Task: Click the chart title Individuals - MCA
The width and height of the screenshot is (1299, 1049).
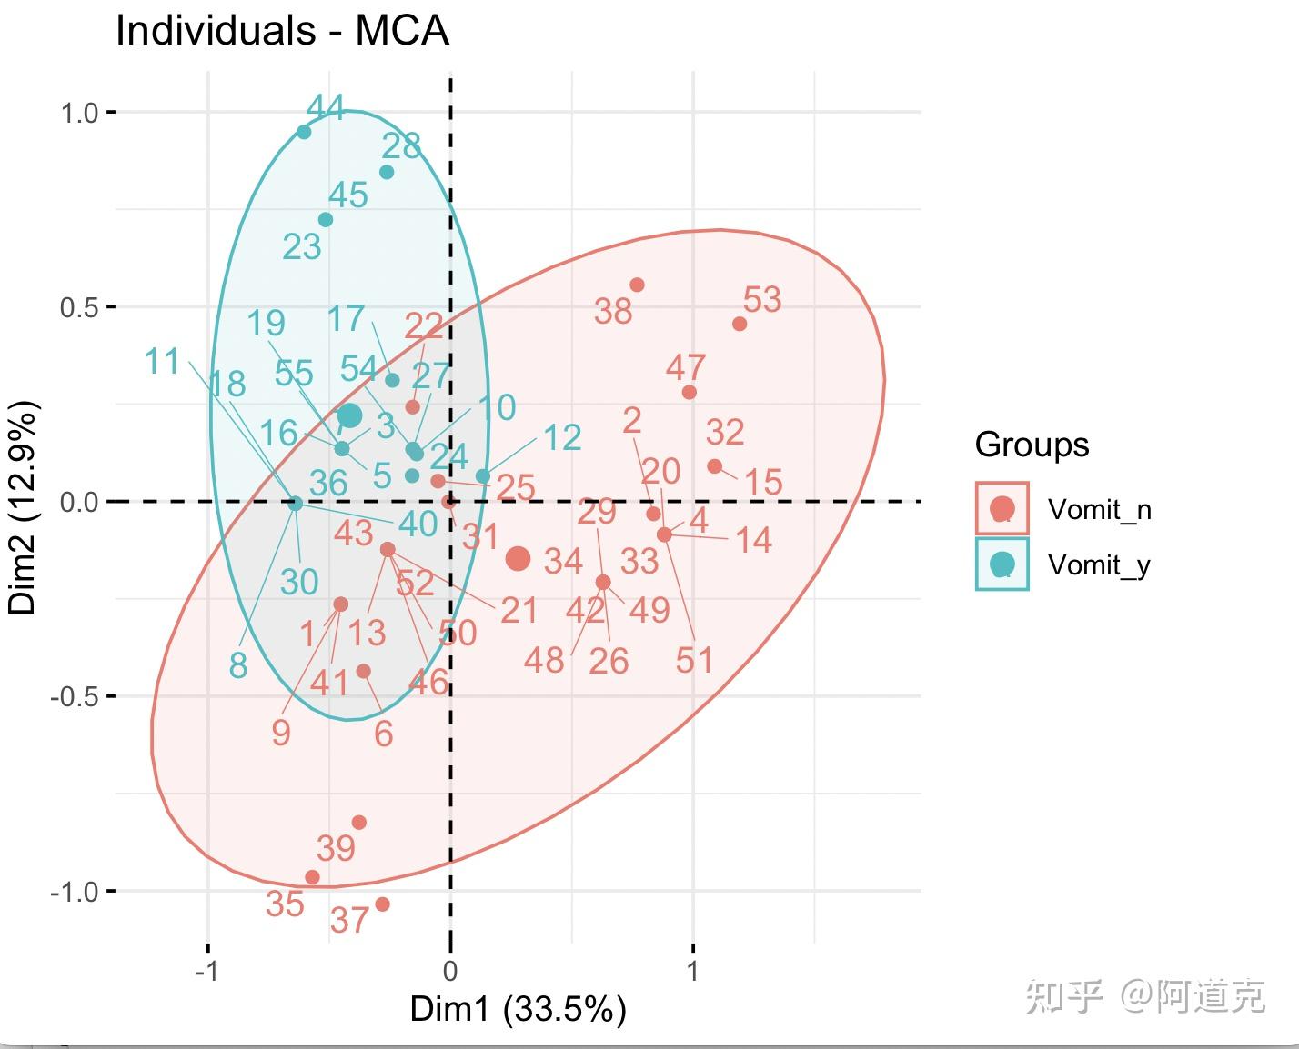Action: point(282,31)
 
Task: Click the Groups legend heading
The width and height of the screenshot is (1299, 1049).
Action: point(1032,445)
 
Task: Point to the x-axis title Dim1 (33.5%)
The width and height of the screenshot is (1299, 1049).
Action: point(518,1009)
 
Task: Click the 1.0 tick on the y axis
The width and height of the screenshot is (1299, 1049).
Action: point(79,113)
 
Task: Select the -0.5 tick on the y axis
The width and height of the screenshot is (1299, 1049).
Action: point(73,697)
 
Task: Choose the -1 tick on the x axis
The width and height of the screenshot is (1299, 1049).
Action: point(207,971)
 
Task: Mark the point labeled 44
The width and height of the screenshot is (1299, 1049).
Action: point(305,132)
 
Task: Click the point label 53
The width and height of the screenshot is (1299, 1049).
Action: point(762,299)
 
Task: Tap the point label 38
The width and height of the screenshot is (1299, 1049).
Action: point(613,311)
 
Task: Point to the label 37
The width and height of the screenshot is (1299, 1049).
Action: point(349,921)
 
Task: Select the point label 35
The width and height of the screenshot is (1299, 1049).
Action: point(285,904)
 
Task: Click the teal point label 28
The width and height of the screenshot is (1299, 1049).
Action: point(401,145)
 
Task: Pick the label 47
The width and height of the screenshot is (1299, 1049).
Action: point(685,367)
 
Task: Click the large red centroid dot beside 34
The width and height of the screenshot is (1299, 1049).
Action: point(518,558)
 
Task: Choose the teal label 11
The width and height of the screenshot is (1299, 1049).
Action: point(163,362)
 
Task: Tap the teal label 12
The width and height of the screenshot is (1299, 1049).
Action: point(562,438)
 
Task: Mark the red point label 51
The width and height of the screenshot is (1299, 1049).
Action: point(694,660)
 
